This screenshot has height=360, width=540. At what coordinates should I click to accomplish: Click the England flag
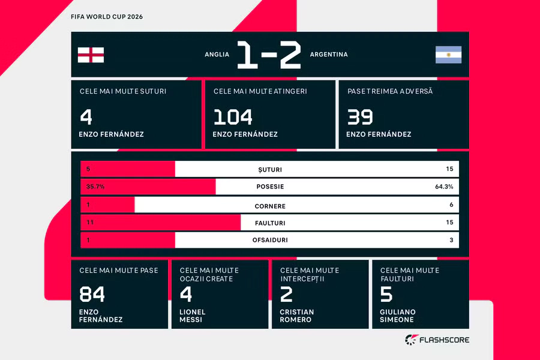click(x=91, y=55)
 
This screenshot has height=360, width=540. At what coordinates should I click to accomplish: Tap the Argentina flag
click(x=448, y=55)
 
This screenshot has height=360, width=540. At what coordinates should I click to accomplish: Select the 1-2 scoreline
click(x=269, y=55)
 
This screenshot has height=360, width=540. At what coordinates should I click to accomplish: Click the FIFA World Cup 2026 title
click(x=107, y=17)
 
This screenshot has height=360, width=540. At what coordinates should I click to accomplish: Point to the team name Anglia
click(x=217, y=55)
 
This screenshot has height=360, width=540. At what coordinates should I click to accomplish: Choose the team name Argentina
click(x=329, y=55)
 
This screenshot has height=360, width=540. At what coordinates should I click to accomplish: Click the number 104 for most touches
click(x=233, y=117)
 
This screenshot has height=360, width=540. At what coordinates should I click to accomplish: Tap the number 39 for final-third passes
click(x=360, y=117)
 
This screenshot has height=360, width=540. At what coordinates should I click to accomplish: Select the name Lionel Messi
click(x=192, y=316)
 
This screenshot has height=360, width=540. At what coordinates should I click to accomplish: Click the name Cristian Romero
click(x=297, y=316)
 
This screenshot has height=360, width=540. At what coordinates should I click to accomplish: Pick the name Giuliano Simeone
click(x=398, y=316)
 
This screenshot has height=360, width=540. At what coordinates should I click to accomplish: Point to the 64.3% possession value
click(x=444, y=187)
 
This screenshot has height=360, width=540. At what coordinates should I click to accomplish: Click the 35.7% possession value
click(x=95, y=187)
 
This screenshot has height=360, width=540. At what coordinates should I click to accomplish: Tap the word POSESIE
click(x=270, y=187)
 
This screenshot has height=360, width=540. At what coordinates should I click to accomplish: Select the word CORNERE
click(x=270, y=206)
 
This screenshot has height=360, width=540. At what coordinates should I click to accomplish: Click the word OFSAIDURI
click(x=270, y=240)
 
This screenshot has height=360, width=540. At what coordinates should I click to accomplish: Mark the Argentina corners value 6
click(x=451, y=205)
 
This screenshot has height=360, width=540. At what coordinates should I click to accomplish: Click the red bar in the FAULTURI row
click(x=160, y=223)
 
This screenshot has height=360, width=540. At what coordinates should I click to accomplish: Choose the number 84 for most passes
click(x=92, y=294)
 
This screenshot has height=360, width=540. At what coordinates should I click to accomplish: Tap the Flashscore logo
click(x=437, y=340)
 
